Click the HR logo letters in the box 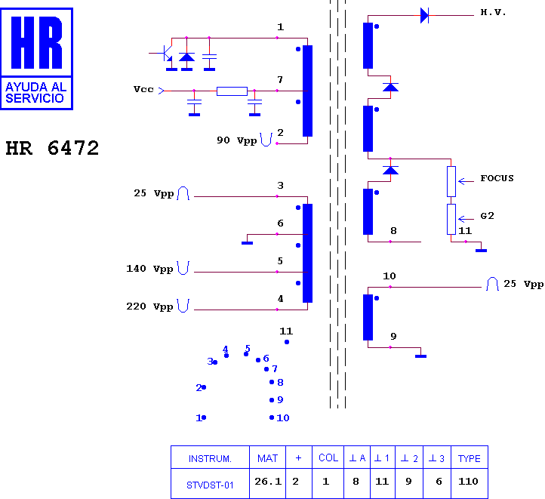coord(36,42)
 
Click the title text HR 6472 coord(53,148)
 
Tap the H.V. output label coord(493,13)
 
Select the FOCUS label coord(497,178)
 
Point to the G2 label coord(487,216)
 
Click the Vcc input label coord(143,89)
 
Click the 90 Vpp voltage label coord(237,140)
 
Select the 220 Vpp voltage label coord(149,306)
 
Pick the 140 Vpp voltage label coord(149,269)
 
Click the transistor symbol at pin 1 coord(166,53)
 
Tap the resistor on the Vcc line coord(232,91)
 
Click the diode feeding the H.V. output coord(424,16)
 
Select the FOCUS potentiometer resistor coord(451,181)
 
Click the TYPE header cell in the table coord(470,458)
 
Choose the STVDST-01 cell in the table coord(210,484)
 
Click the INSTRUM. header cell coord(210,458)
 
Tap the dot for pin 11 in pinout coord(287,342)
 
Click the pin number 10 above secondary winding coord(390,276)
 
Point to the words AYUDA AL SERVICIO coord(36,92)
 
